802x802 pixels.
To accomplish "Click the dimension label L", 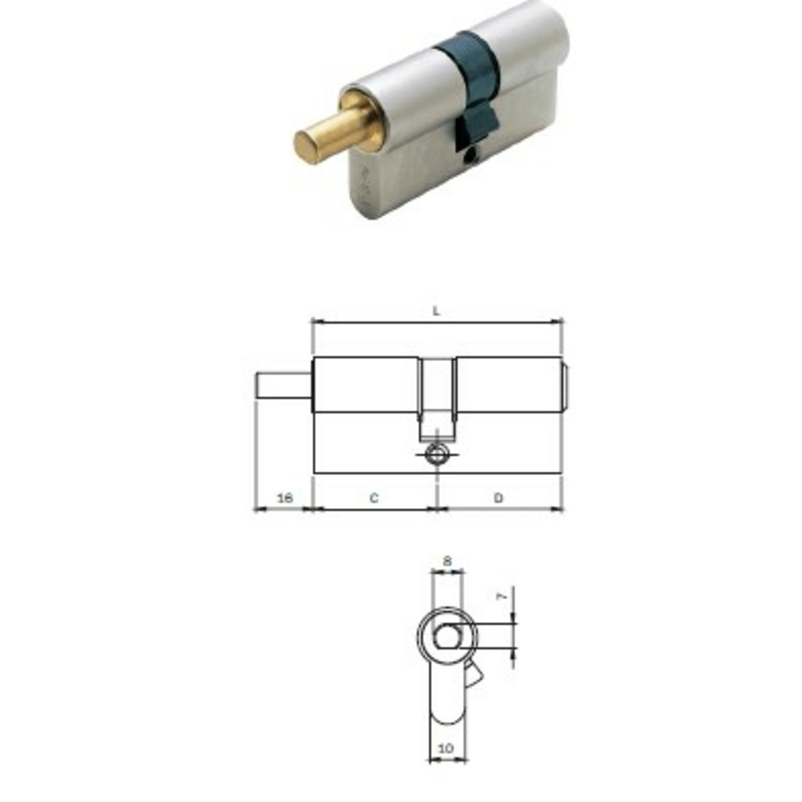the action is [436, 310].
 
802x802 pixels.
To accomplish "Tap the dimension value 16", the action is [285, 497].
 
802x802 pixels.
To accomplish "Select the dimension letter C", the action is [374, 497].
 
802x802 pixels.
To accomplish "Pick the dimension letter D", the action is [498, 497].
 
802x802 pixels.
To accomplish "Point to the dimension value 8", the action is [447, 561].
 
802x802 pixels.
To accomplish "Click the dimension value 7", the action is [504, 596].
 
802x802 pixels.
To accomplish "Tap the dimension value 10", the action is [446, 748].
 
